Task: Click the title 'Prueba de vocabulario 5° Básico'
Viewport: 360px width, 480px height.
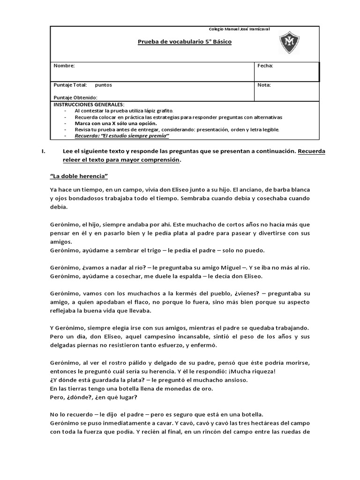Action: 184,42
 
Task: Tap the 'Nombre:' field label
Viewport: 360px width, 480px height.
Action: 64,66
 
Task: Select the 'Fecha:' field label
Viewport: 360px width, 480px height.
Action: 265,66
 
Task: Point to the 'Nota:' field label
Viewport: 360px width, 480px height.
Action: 264,85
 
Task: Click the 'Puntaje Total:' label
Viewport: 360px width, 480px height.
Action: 71,85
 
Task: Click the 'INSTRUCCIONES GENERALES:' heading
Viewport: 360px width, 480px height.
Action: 89,104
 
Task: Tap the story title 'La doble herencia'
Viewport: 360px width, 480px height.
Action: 79,176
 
